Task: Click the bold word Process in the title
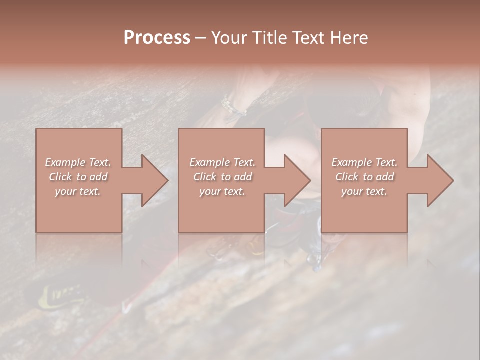point(157,38)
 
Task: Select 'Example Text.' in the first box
point(78,162)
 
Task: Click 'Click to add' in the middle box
point(222,177)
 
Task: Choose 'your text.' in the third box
point(364,191)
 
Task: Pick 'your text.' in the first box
point(78,191)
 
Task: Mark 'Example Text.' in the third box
point(364,162)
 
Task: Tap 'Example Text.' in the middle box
point(222,162)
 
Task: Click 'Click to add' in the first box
point(78,177)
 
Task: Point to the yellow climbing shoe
point(60,296)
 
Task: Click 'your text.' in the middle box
point(222,191)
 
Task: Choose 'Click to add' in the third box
point(364,177)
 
